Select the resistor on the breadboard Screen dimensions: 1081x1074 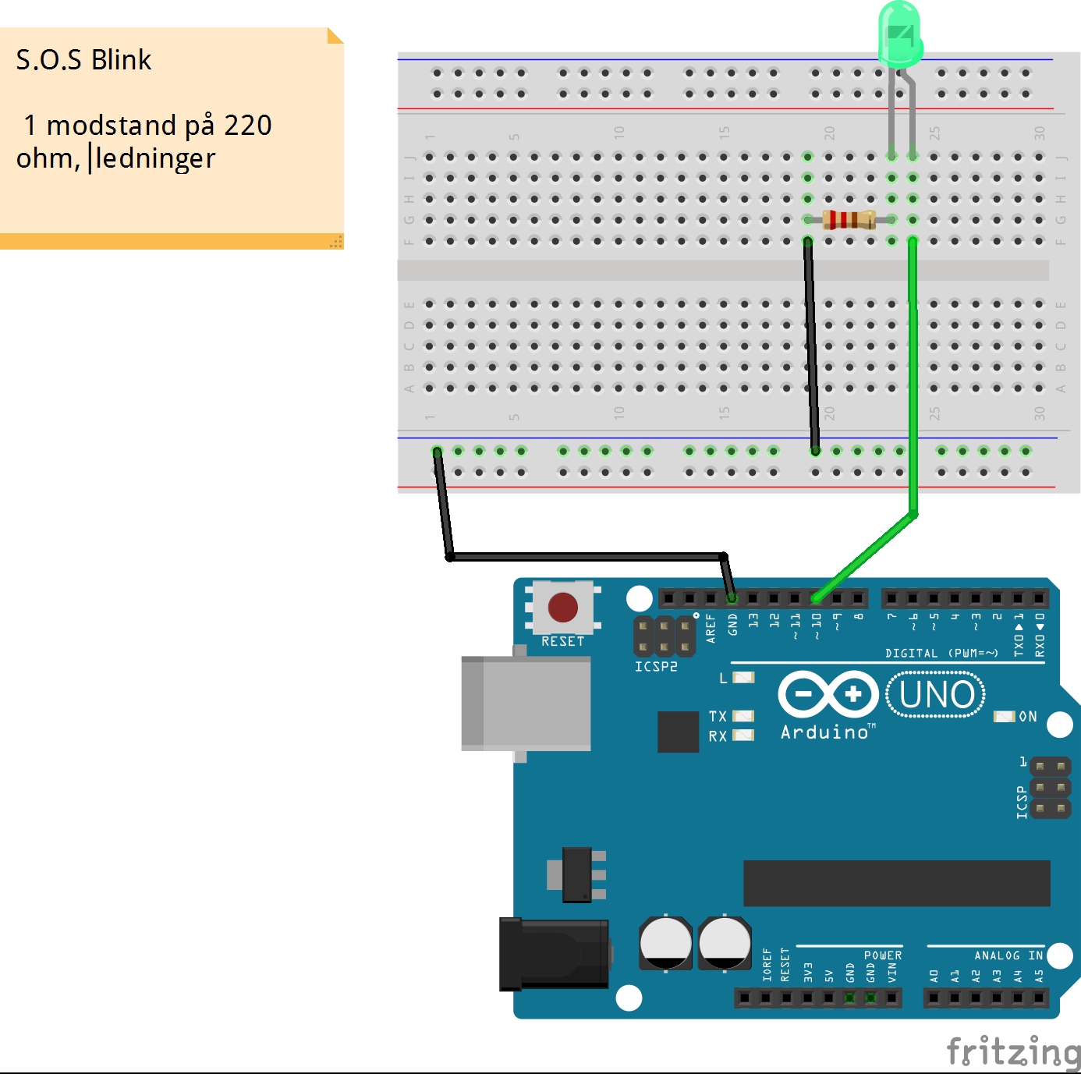tap(849, 219)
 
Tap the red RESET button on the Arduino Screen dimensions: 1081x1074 tap(562, 607)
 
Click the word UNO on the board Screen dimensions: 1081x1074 tap(936, 695)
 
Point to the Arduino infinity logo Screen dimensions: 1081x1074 tap(828, 694)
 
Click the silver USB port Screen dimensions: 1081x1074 tap(526, 704)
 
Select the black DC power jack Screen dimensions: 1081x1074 tap(554, 954)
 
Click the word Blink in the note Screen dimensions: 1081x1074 tap(121, 59)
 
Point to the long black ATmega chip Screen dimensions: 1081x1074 tap(896, 883)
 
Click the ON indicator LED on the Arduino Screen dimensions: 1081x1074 tap(1004, 717)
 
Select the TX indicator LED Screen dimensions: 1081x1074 tap(743, 716)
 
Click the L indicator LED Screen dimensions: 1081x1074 tap(743, 677)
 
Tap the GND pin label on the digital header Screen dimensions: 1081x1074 tap(732, 625)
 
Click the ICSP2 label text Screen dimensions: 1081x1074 tap(656, 667)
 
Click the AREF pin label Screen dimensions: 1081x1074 tap(711, 629)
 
